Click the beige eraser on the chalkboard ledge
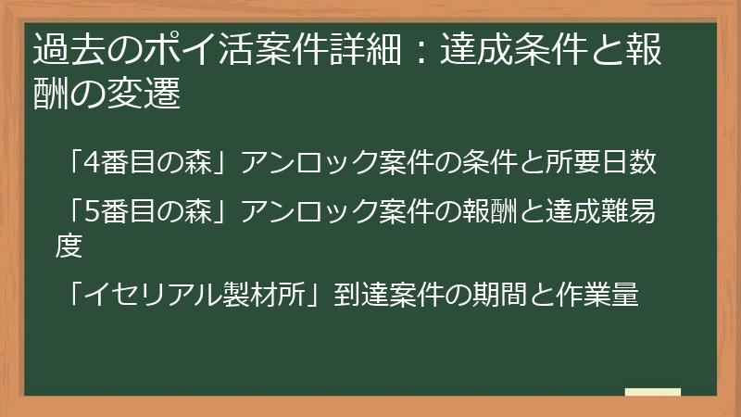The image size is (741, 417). pyautogui.click(x=652, y=392)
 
